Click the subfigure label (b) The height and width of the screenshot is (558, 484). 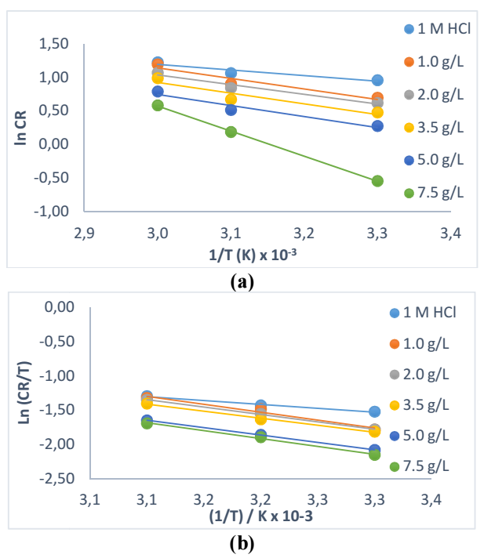point(241,542)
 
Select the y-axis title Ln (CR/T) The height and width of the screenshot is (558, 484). point(23,391)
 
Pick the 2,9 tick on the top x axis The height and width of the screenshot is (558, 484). point(85,234)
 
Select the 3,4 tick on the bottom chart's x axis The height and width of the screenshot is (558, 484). point(428,498)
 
